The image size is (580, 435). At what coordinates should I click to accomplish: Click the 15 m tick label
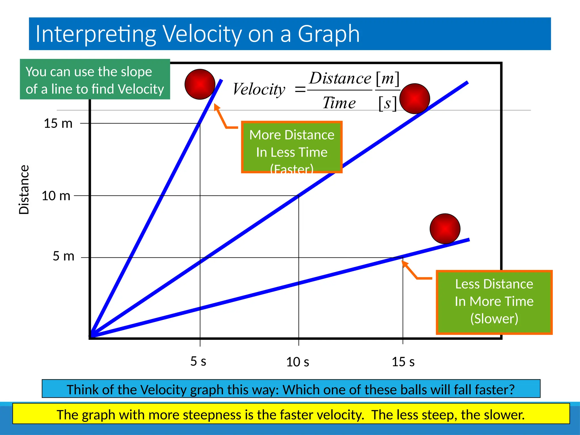tap(58, 124)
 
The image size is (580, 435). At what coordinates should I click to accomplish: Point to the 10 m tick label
tap(56, 196)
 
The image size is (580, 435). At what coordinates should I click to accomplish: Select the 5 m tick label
tap(63, 256)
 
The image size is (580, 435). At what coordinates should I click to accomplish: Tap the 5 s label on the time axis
tap(198, 361)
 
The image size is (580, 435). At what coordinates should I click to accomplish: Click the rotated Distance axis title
tap(24, 189)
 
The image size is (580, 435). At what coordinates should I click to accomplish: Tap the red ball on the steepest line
tap(200, 84)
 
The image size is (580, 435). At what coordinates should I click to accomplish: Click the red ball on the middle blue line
tap(415, 99)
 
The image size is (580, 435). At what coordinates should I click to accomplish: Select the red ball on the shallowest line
tap(445, 229)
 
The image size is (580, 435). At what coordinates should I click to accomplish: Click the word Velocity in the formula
tap(259, 89)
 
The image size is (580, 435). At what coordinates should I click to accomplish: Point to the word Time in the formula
tap(339, 103)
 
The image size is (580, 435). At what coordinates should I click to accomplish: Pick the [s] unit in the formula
tap(387, 103)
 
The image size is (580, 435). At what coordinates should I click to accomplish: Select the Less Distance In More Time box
tap(494, 302)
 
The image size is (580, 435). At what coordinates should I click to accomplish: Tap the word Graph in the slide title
tap(329, 34)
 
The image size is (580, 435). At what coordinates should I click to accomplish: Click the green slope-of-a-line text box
tap(95, 80)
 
